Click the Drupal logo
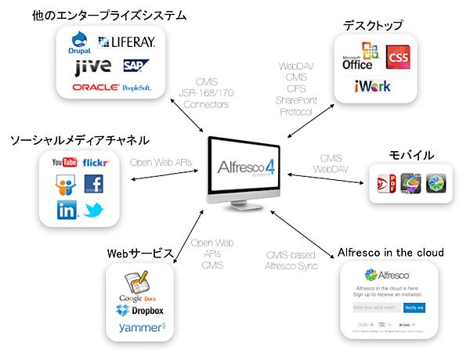click(x=81, y=42)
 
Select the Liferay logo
click(x=127, y=42)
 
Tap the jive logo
click(x=92, y=67)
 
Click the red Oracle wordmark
click(x=95, y=88)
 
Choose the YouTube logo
click(x=63, y=163)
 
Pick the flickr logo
click(x=96, y=163)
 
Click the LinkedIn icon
click(x=66, y=210)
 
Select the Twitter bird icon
click(x=95, y=210)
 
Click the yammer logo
click(x=142, y=328)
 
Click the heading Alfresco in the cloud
click(x=390, y=252)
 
